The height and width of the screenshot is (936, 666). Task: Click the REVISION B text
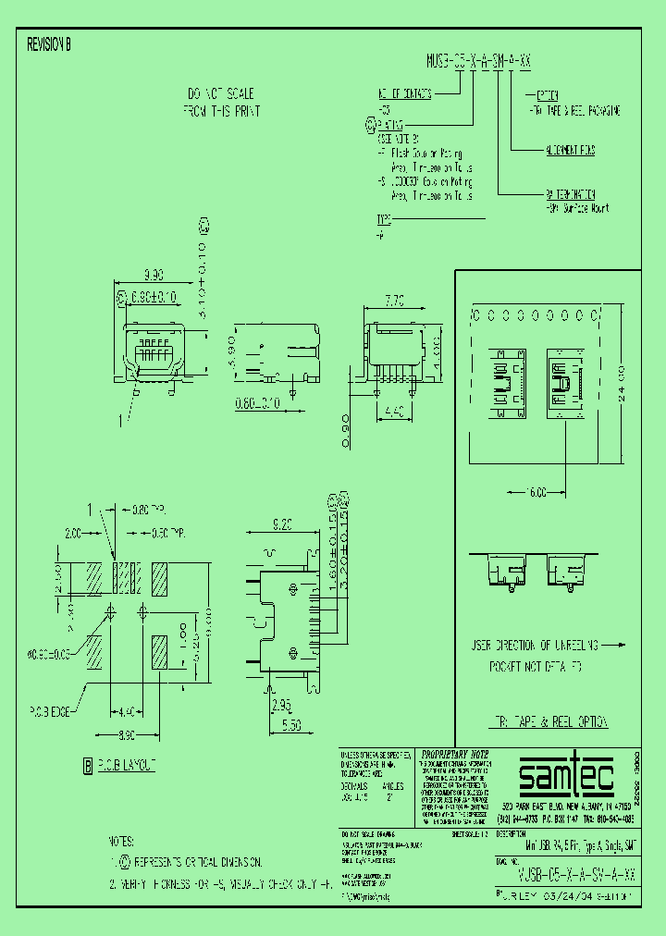[x=49, y=43]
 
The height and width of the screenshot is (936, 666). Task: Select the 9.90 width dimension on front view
[x=153, y=275]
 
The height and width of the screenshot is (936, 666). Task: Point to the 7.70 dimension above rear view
[x=396, y=301]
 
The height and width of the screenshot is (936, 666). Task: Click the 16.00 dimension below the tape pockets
[x=536, y=492]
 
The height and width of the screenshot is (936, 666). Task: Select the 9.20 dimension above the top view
[x=281, y=523]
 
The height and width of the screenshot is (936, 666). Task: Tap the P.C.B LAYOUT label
[x=126, y=765]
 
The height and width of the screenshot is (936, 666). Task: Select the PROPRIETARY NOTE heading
[x=454, y=755]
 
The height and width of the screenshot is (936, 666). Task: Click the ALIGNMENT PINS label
[x=570, y=150]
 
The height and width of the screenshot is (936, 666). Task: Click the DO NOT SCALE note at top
[x=221, y=94]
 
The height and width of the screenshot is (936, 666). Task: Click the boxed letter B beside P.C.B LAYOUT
[x=88, y=765]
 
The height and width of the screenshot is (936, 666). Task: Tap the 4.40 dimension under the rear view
[x=396, y=413]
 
